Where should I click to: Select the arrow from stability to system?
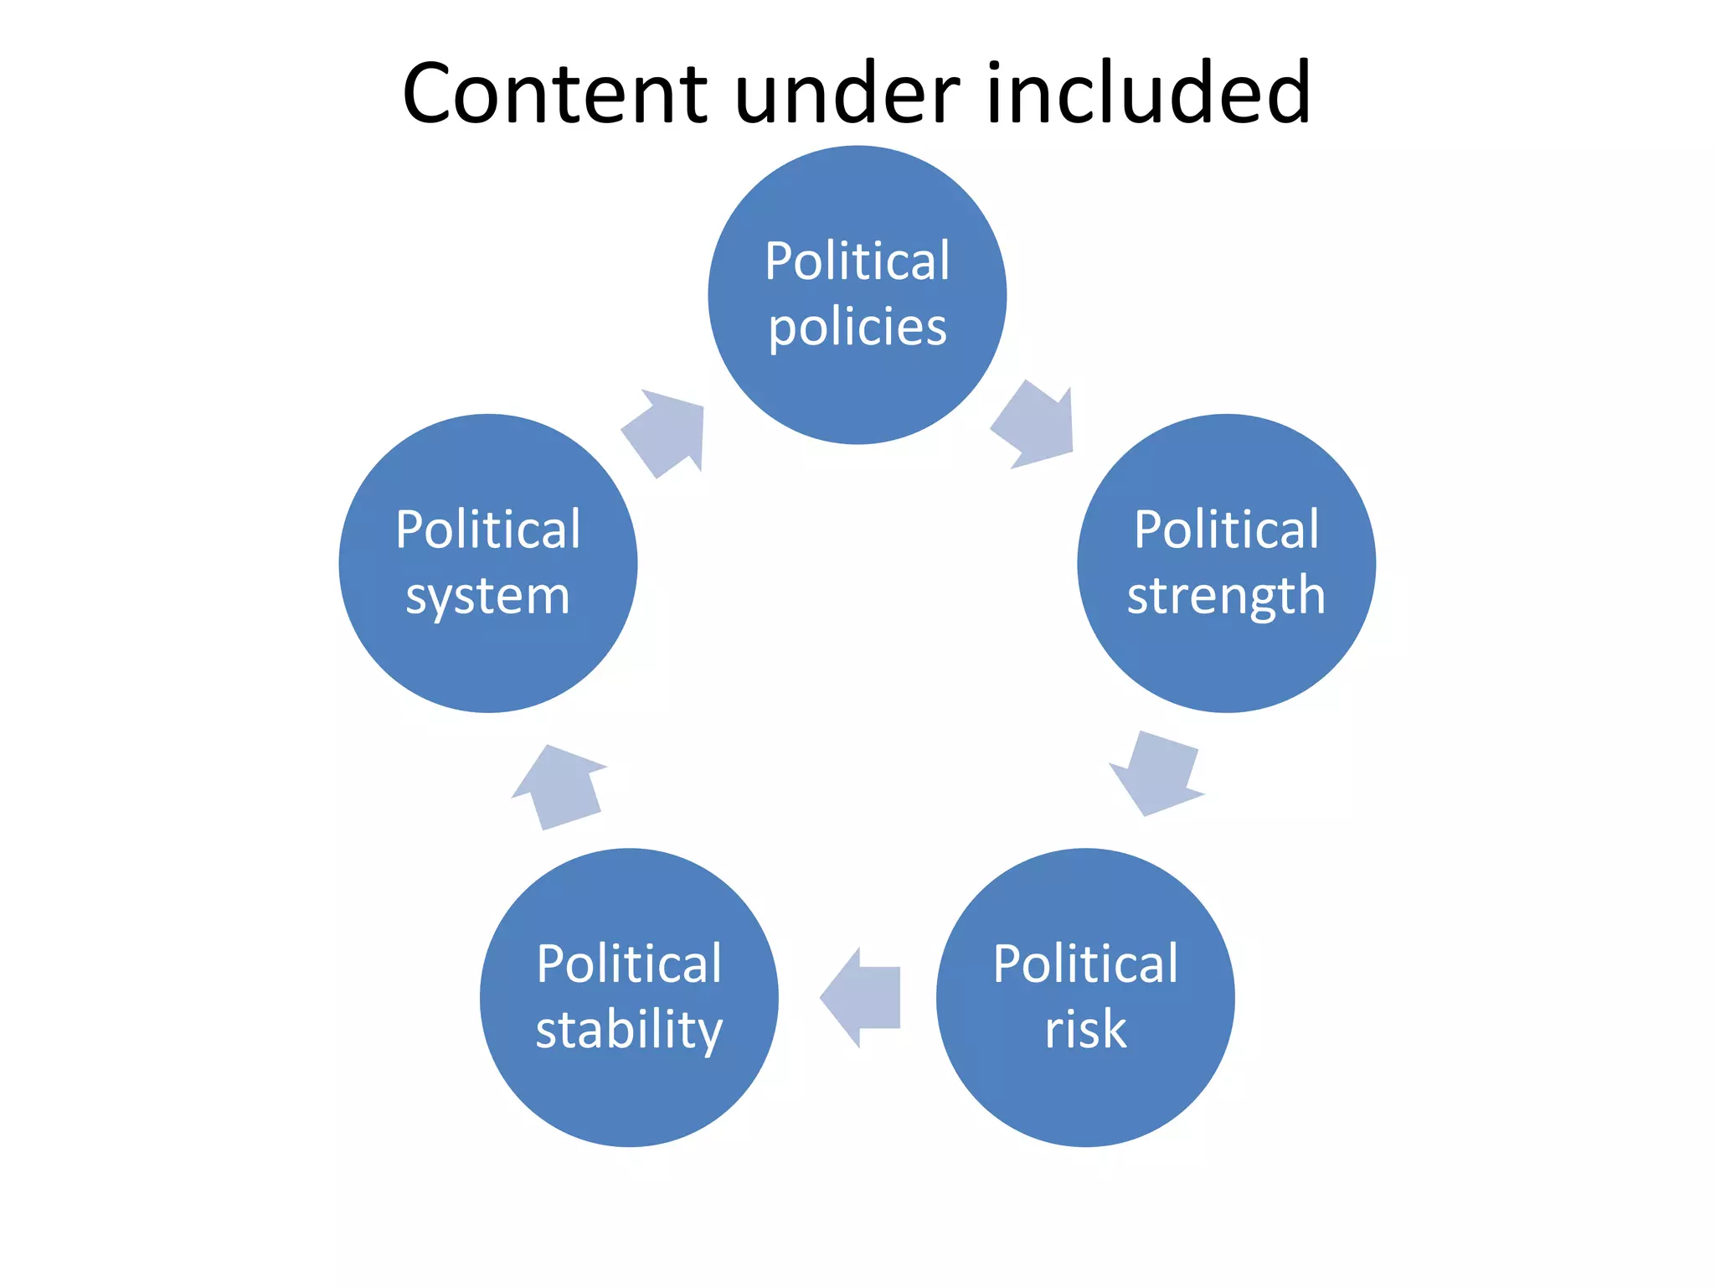click(x=559, y=788)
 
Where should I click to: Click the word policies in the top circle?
click(x=857, y=327)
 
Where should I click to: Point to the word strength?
click(x=1226, y=597)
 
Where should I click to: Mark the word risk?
click(x=1085, y=1029)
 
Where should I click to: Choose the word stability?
click(x=629, y=1031)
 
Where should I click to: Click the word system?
click(x=487, y=597)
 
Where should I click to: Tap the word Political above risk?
click(x=1085, y=964)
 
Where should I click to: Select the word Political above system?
click(x=487, y=530)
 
